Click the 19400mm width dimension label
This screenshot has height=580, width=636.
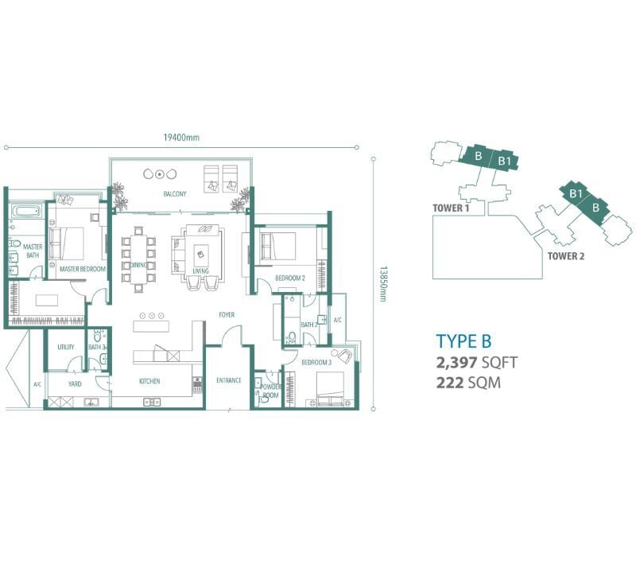(181, 137)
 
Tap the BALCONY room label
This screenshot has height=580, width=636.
(175, 193)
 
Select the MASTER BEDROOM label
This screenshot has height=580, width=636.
(83, 269)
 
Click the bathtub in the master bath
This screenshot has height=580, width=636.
(26, 211)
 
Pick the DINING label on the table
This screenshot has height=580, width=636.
(138, 265)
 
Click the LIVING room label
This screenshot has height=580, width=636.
(200, 271)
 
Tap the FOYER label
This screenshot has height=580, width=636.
(227, 314)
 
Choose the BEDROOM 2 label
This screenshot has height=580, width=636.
(290, 278)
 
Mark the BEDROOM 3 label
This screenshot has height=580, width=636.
(316, 362)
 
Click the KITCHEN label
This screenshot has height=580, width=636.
(149, 381)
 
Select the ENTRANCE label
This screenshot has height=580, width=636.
(229, 380)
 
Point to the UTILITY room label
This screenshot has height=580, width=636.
(66, 347)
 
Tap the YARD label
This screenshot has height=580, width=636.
(75, 383)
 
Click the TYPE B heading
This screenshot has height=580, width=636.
(463, 341)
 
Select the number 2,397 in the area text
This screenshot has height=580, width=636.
(456, 363)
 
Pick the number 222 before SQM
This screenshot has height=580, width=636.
(449, 383)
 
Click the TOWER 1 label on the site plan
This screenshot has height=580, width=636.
(451, 208)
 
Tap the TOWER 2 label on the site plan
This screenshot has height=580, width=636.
(566, 256)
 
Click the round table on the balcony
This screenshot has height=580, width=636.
(161, 174)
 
